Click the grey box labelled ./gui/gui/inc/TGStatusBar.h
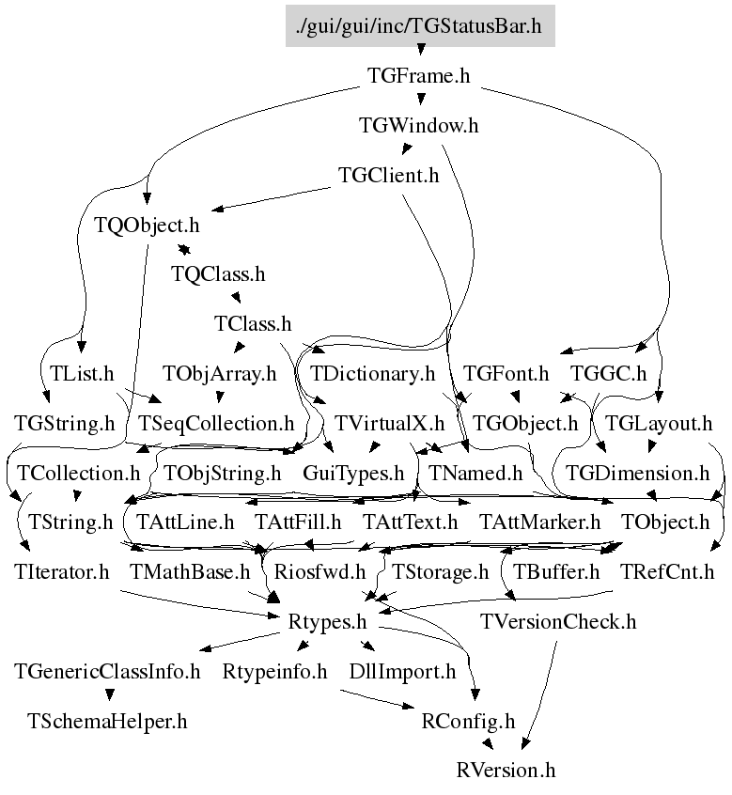tap(420, 26)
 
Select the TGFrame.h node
tap(419, 76)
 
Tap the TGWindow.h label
tap(419, 126)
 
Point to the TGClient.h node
tap(389, 176)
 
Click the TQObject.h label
tap(147, 226)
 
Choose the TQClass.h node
tap(218, 274)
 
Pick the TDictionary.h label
tap(373, 374)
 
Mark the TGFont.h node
tap(506, 374)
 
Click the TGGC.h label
tap(609, 374)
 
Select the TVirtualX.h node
tap(389, 424)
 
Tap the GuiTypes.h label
tap(353, 474)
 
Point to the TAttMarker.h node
tap(540, 522)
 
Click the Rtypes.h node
tap(327, 622)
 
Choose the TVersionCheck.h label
tap(558, 622)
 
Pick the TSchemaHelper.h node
tap(107, 722)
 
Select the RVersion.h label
tap(506, 771)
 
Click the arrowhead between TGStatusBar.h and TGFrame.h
tap(420, 50)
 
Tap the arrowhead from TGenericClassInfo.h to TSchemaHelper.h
tap(109, 694)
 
